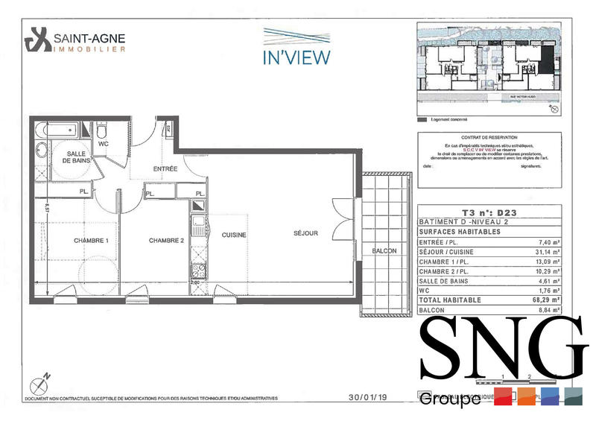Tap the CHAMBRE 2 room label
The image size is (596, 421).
pyautogui.click(x=166, y=241)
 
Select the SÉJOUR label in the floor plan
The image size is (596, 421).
pyautogui.click(x=305, y=233)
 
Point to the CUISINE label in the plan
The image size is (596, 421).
pyautogui.click(x=234, y=235)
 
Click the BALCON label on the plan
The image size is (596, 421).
pyautogui.click(x=384, y=251)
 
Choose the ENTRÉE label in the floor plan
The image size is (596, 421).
pyautogui.click(x=165, y=169)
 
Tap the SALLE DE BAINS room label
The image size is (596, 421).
pyautogui.click(x=76, y=156)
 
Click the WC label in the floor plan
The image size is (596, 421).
pyautogui.click(x=104, y=144)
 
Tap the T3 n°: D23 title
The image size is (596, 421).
pyautogui.click(x=489, y=212)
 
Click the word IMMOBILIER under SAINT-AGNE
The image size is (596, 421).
pyautogui.click(x=89, y=48)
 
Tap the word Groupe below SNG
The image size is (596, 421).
pyautogui.click(x=450, y=399)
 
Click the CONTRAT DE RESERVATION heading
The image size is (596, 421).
pyautogui.click(x=488, y=138)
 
